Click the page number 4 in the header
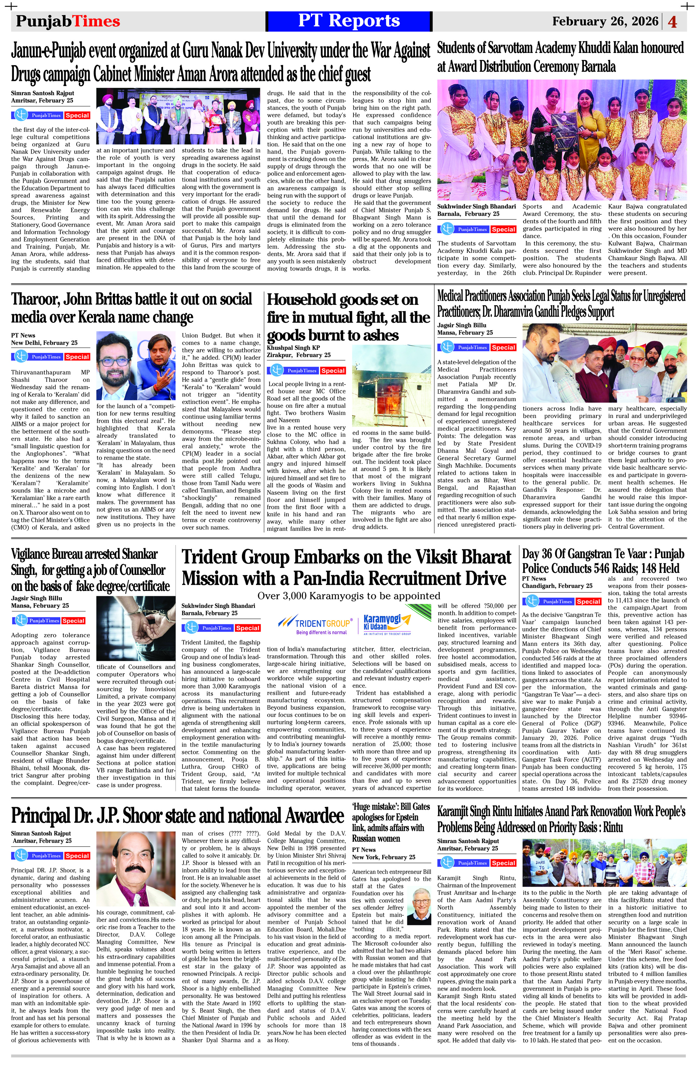coord(673,22)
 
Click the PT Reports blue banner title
coord(349,21)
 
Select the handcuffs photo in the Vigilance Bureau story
coord(135,629)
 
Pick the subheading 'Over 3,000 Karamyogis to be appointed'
coord(349,595)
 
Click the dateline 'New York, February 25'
coord(384,857)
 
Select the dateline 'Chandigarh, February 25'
coord(557,586)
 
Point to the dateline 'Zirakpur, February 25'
coord(299,355)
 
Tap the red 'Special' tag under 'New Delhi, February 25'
coord(77,357)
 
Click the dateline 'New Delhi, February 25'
coord(44,343)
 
